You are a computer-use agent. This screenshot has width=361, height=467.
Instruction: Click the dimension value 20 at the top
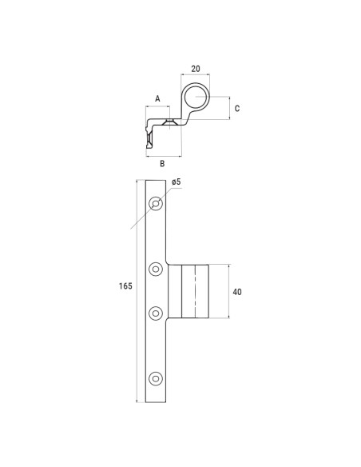tap(196, 69)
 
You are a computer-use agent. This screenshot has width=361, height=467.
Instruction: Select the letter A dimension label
tap(157, 98)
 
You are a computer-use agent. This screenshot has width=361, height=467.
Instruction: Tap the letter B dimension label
tap(163, 163)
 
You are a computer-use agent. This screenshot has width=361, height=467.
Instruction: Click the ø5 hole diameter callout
tap(177, 182)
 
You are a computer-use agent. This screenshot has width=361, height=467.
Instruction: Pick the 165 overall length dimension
tap(125, 285)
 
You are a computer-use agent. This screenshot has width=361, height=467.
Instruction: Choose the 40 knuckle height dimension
tap(236, 292)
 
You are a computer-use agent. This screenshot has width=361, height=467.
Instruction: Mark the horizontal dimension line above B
tap(164, 154)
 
